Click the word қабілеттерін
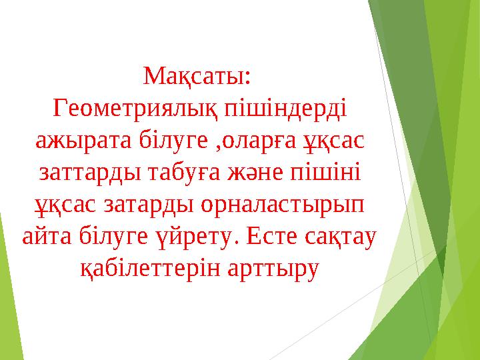141,269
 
